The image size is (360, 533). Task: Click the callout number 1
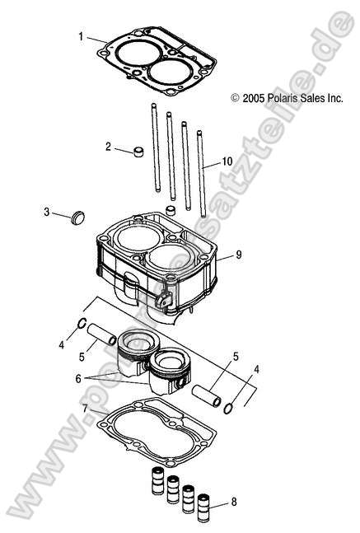point(81,36)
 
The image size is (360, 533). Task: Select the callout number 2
point(109,147)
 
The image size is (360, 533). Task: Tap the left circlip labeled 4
point(84,324)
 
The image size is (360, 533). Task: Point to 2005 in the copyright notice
point(252,97)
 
